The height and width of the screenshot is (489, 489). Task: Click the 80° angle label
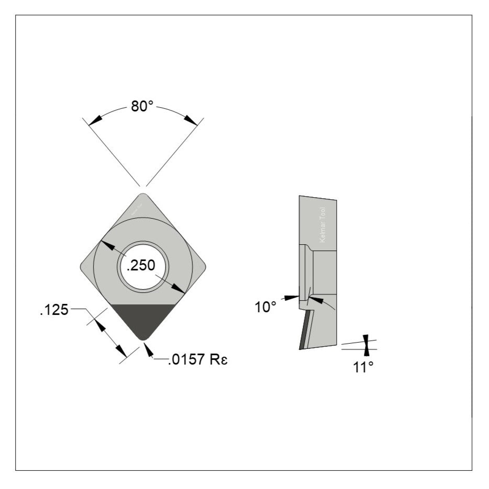tap(142, 107)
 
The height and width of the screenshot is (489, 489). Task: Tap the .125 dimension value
tap(54, 310)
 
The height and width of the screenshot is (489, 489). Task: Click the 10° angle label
tap(265, 307)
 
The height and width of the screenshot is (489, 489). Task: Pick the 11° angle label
tap(363, 367)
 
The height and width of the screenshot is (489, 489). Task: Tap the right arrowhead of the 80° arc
tap(191, 121)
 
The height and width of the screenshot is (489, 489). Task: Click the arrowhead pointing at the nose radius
tap(148, 350)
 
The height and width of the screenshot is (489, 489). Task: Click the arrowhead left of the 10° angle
tap(292, 298)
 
